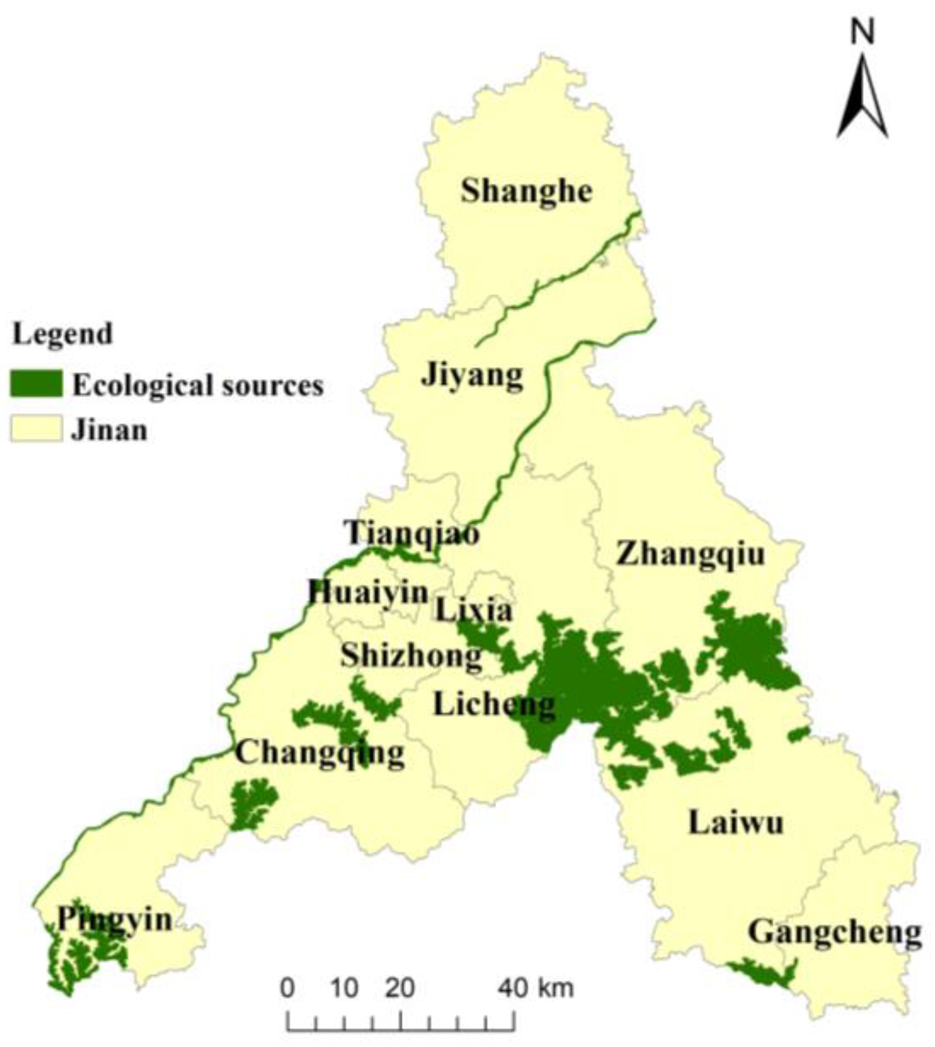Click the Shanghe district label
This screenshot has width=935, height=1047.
pyautogui.click(x=526, y=191)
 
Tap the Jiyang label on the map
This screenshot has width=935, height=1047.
pyautogui.click(x=472, y=376)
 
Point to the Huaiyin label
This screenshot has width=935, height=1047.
pyautogui.click(x=369, y=593)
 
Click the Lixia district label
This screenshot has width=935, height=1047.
pyautogui.click(x=473, y=611)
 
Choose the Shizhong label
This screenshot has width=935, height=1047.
pyautogui.click(x=411, y=656)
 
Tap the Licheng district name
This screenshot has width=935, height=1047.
pyautogui.click(x=494, y=705)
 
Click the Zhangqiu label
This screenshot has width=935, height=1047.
pyautogui.click(x=690, y=554)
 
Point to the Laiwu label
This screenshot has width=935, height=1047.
pyautogui.click(x=736, y=822)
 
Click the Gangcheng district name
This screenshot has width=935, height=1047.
pyautogui.click(x=835, y=932)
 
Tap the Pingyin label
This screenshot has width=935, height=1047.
pyautogui.click(x=115, y=920)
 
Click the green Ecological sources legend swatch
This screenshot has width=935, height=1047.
pyautogui.click(x=36, y=384)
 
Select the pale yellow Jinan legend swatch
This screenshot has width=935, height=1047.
pyautogui.click(x=36, y=428)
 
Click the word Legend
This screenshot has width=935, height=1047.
pyautogui.click(x=62, y=333)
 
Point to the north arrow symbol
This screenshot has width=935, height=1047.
pyautogui.click(x=862, y=96)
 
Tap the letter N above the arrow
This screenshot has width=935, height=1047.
pyautogui.click(x=863, y=33)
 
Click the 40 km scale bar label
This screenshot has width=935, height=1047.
pyautogui.click(x=535, y=988)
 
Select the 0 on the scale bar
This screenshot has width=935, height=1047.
pyautogui.click(x=288, y=988)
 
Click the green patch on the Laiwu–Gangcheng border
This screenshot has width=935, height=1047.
pyautogui.click(x=765, y=973)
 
